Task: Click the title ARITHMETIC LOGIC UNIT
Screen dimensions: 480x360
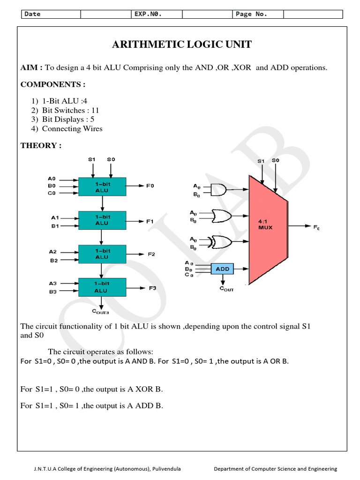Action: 182,45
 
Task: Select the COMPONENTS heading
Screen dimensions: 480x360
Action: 53,84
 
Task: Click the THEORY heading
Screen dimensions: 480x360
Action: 41,145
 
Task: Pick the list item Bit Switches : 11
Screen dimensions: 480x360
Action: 70,111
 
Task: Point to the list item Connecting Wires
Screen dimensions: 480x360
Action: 72,128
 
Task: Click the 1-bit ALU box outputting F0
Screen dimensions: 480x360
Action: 102,187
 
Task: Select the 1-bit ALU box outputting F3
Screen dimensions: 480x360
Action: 102,287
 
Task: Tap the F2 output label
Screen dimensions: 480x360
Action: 151,254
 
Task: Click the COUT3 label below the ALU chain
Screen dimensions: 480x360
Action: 101,312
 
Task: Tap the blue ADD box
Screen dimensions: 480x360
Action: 223,269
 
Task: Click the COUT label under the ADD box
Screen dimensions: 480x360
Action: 226,289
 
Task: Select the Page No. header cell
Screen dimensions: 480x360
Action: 251,14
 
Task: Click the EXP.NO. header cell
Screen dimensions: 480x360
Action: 148,14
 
